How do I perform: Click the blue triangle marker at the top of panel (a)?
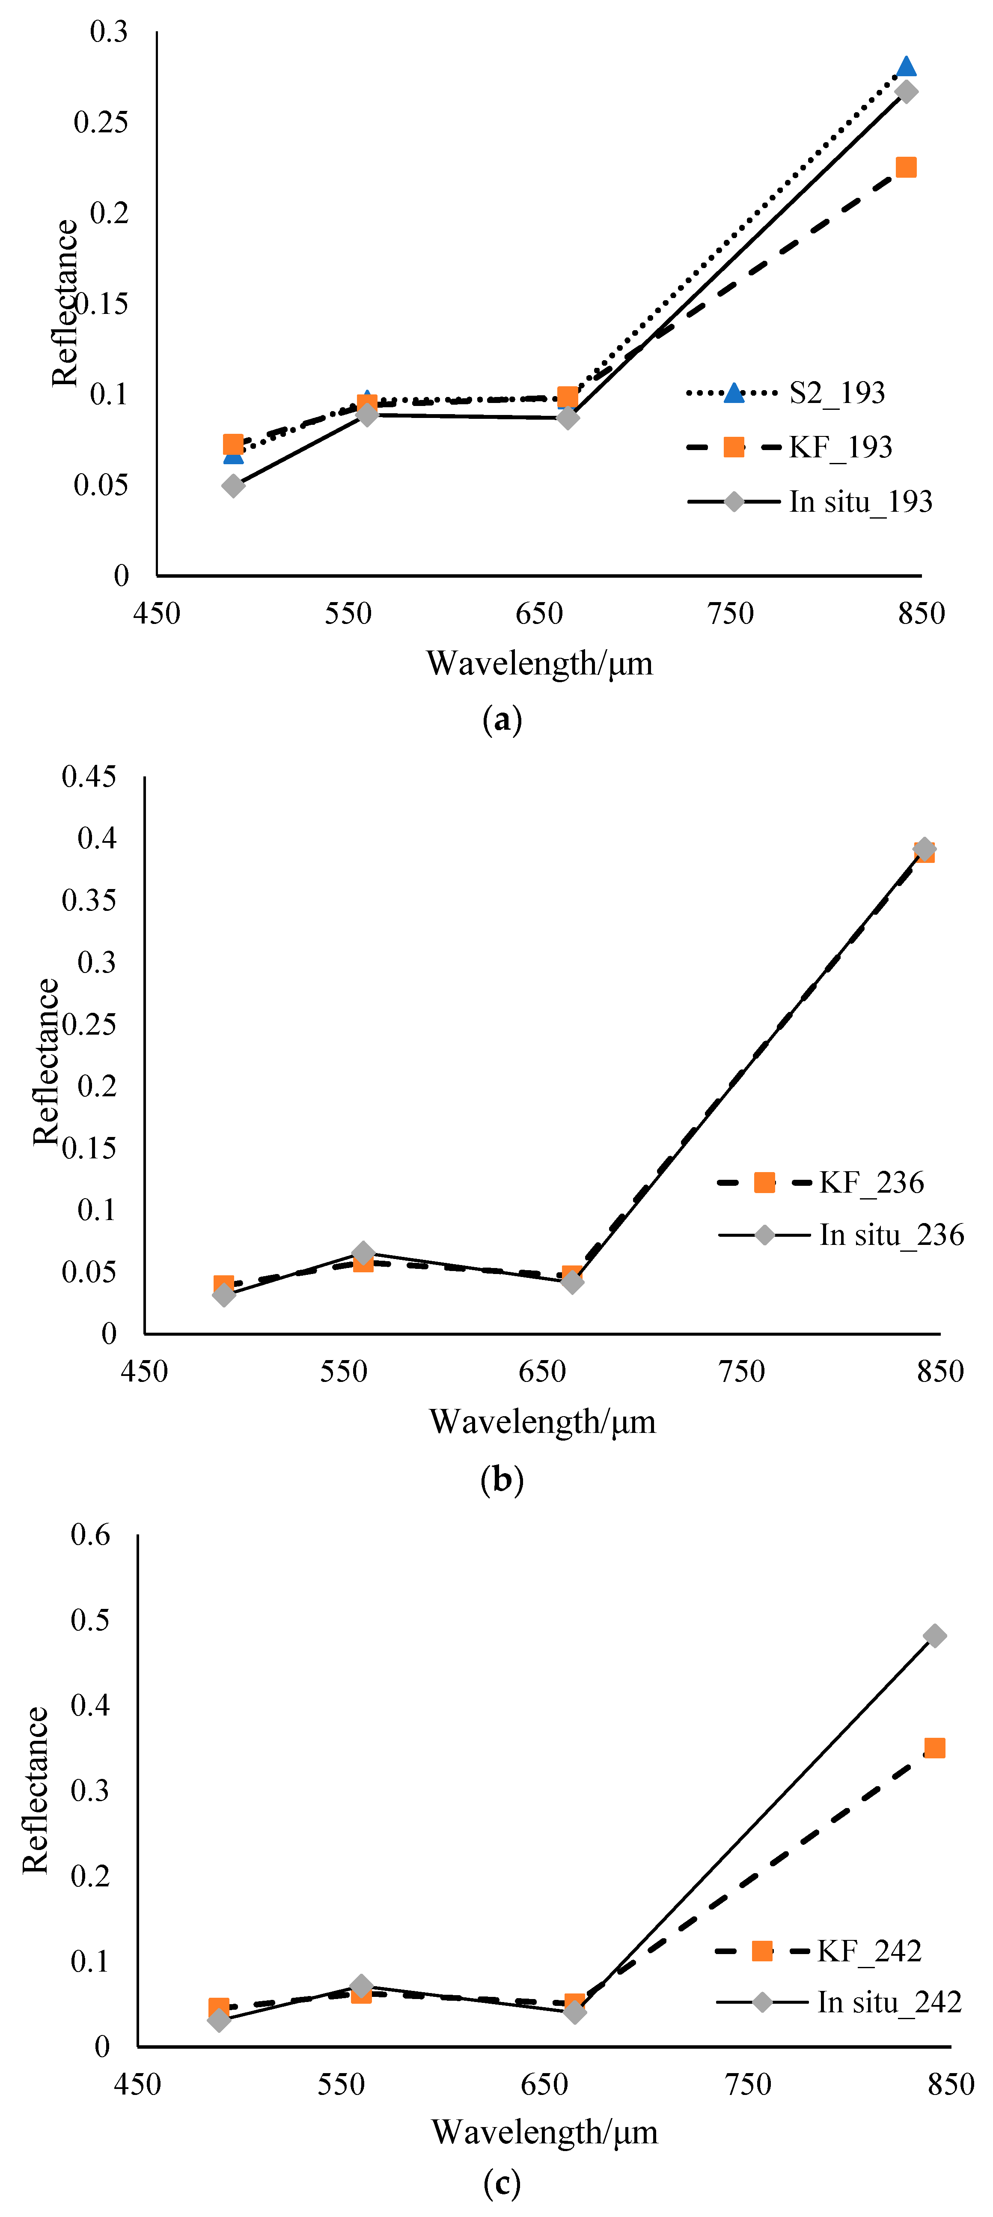905,66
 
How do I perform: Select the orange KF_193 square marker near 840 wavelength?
905,167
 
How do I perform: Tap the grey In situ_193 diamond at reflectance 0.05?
232,486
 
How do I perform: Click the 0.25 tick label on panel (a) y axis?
101,122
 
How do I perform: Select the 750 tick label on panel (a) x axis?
730,614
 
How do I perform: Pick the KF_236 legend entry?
871,1182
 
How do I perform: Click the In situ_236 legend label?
891,1235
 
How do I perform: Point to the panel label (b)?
502,1479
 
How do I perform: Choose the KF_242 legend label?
869,1951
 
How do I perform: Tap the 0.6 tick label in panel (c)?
90,1534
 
